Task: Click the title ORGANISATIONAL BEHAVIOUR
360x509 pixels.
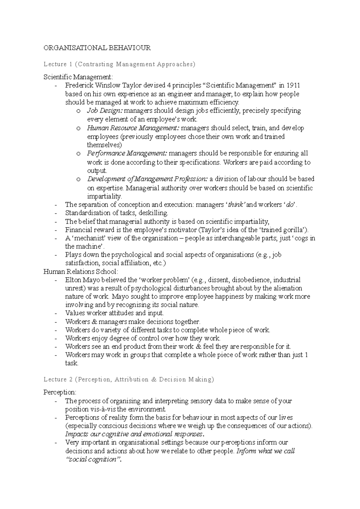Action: (97, 48)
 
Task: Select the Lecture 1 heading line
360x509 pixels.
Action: (119, 64)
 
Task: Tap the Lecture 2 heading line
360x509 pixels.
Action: (129, 380)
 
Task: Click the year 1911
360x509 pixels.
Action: (293, 86)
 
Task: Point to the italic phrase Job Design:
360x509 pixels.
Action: (105, 111)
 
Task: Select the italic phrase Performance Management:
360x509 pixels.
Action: (127, 153)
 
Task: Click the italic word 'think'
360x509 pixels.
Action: (236, 205)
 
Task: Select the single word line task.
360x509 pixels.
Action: (71, 363)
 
